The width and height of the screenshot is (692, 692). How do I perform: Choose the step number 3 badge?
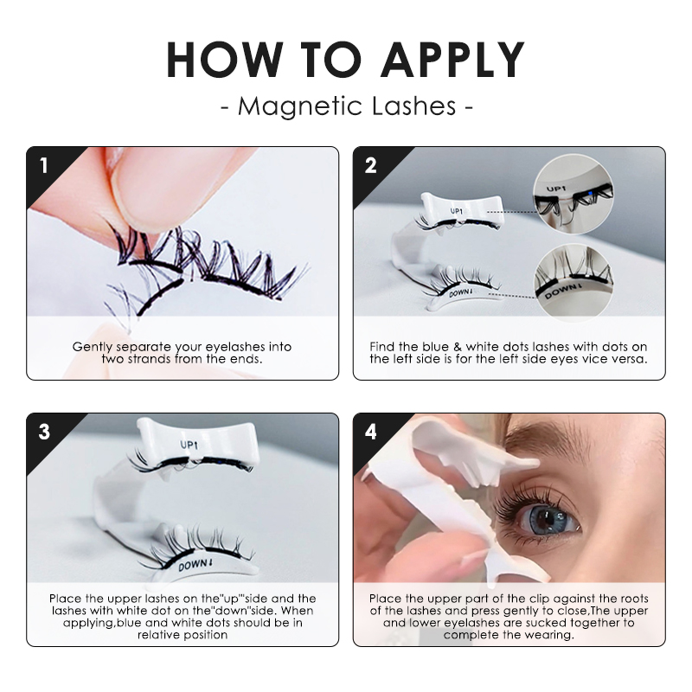point(42,431)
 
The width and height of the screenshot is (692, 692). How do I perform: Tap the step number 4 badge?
point(370,431)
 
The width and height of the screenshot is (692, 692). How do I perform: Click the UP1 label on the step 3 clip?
point(189,445)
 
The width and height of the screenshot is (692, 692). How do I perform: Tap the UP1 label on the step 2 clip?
point(456,210)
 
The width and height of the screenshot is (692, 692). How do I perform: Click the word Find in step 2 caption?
point(382,346)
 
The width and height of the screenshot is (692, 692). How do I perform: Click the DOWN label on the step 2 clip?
point(458,294)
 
